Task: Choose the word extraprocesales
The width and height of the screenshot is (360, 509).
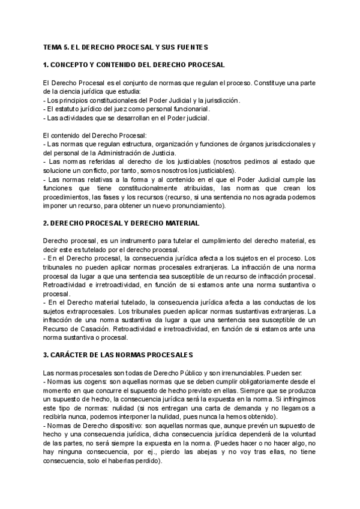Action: [88, 312]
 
